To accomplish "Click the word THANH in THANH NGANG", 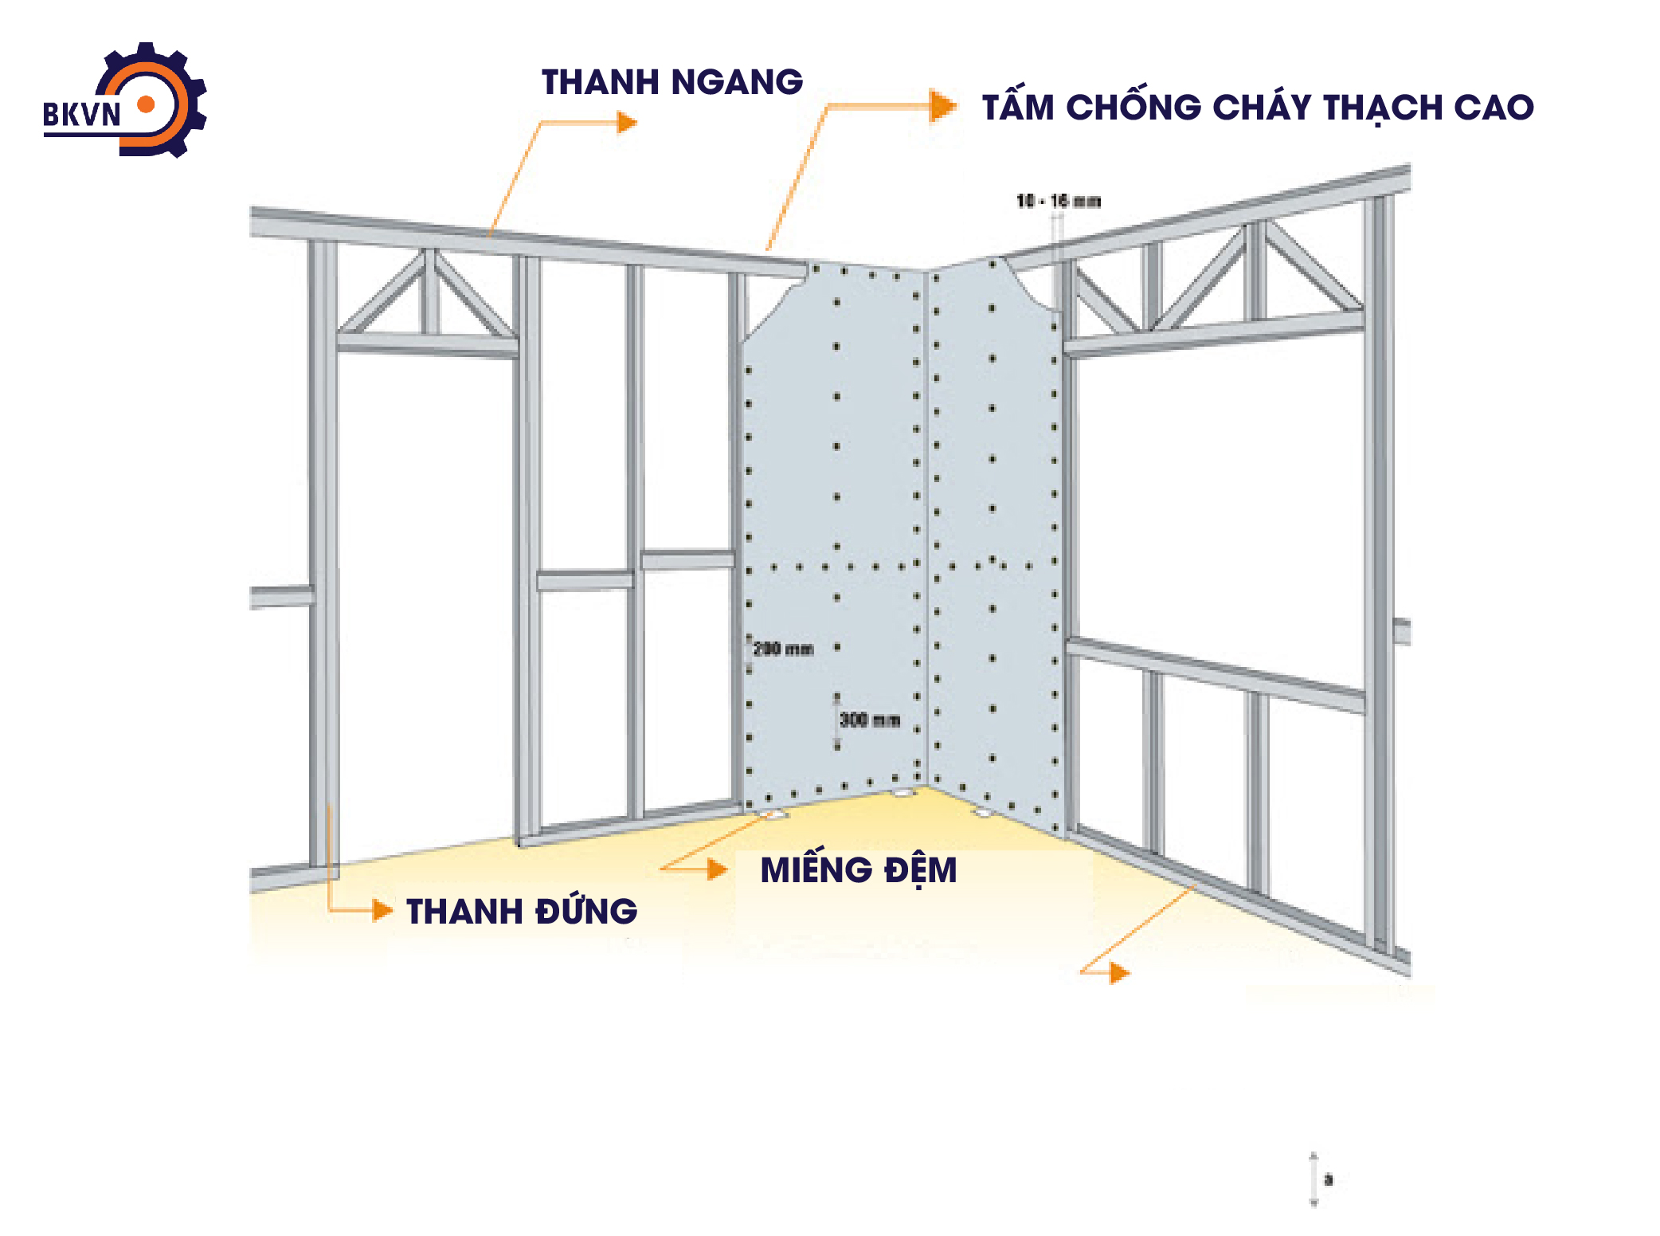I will [x=600, y=82].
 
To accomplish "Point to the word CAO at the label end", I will [x=1494, y=108].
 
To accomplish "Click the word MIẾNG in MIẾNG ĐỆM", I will [x=816, y=869].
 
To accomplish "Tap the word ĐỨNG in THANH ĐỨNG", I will [x=586, y=912].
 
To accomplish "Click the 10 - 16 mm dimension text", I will [x=1059, y=201].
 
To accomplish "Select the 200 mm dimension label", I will [x=783, y=649].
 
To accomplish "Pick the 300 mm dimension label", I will [x=870, y=720].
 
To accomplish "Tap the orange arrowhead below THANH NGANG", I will [x=628, y=122].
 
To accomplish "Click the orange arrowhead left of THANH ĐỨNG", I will [x=383, y=910].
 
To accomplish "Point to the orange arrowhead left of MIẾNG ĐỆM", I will [x=717, y=869].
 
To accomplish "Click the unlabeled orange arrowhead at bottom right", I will [x=1119, y=972].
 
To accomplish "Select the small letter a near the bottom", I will [x=1328, y=1179].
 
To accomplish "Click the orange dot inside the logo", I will [x=146, y=104].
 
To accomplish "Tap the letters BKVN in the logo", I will [x=81, y=115].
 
